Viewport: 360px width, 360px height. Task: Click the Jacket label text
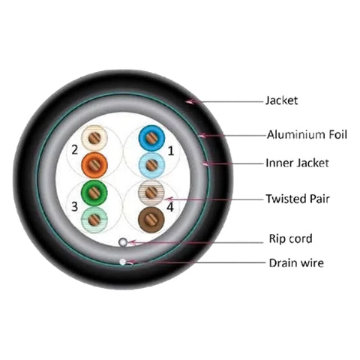pos(281,100)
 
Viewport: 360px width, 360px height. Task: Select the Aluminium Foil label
pos(307,134)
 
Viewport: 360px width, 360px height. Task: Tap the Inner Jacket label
pos(297,163)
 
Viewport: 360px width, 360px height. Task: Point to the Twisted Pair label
pos(298,199)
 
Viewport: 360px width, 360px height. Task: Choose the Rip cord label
pos(290,238)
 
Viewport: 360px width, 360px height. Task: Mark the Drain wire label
pos(296,263)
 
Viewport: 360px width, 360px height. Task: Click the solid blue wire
pos(151,138)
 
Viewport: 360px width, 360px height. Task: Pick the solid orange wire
pos(94,165)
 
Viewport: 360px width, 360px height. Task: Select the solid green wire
pos(94,193)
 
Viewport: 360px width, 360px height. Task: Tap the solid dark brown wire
pos(151,220)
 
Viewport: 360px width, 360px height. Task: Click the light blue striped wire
pos(151,165)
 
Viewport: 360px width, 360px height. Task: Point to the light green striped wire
pos(94,220)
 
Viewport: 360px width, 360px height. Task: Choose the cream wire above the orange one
pos(94,138)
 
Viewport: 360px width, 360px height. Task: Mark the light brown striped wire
pos(151,193)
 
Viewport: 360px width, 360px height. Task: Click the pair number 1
pos(171,151)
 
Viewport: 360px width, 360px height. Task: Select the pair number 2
pos(75,150)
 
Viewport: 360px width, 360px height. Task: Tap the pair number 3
pos(74,206)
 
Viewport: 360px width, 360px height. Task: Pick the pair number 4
pos(170,207)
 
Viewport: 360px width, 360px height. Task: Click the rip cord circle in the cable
pos(123,242)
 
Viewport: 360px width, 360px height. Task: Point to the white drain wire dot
pos(122,262)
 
